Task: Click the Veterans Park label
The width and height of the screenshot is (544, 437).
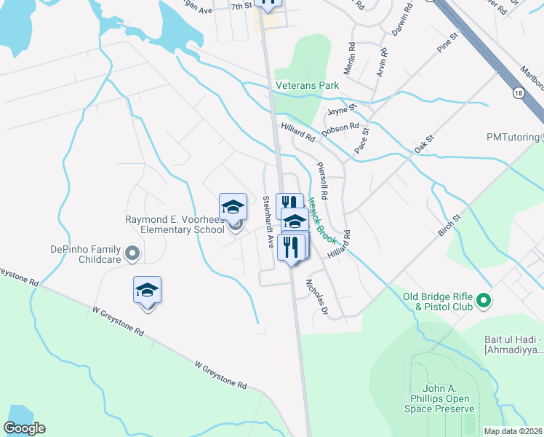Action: [307, 85]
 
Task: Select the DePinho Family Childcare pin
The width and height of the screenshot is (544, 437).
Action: [132, 253]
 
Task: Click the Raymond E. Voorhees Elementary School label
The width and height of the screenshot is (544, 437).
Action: [175, 224]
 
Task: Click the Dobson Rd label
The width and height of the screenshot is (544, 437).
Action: [340, 127]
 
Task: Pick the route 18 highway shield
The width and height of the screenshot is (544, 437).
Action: [517, 92]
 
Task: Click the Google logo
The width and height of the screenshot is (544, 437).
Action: [24, 428]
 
